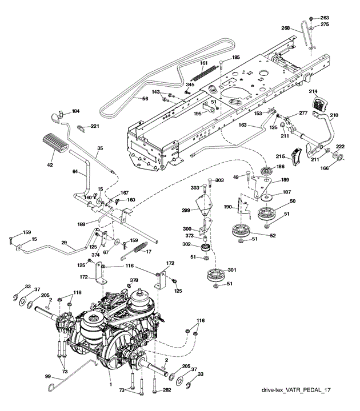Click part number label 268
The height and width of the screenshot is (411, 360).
[x=286, y=28]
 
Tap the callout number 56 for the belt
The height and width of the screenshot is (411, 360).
[x=145, y=99]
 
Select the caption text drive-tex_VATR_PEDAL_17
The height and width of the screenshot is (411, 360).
[x=296, y=390]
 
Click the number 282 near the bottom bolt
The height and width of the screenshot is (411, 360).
[x=167, y=390]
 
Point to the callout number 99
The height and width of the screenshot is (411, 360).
[x=48, y=376]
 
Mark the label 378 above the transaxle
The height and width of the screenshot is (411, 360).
[x=134, y=280]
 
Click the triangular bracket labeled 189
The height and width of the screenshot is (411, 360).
[x=261, y=186]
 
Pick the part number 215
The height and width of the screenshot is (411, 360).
[x=280, y=156]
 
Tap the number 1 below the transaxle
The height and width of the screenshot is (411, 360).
[x=111, y=385]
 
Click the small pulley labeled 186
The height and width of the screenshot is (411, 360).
[x=267, y=171]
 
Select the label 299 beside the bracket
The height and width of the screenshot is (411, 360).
[x=186, y=210]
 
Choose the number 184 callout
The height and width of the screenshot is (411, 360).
[x=75, y=111]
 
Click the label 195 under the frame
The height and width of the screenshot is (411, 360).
[x=197, y=113]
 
